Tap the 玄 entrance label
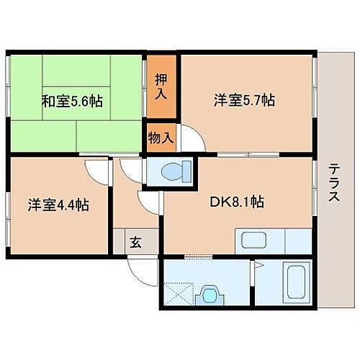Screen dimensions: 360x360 coord(135,242)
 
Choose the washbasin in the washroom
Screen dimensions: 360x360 coord(210,295)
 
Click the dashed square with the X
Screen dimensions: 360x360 coord(179,295)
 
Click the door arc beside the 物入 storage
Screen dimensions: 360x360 coord(191,138)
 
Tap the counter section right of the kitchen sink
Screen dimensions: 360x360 coord(297,241)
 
